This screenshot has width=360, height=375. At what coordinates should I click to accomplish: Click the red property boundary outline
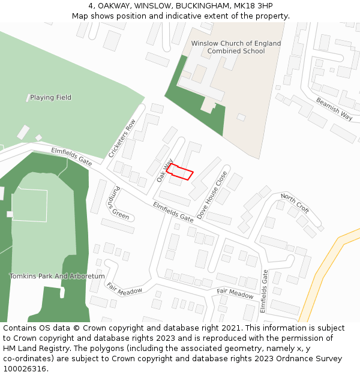(179, 172)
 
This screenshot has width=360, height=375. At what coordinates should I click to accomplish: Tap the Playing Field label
(50, 97)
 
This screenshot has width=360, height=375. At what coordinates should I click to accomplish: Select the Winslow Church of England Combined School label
(236, 47)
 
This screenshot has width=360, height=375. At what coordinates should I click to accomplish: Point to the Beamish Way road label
(334, 109)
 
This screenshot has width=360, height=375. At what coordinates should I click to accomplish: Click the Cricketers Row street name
(122, 138)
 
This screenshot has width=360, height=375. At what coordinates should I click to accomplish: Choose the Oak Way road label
(164, 170)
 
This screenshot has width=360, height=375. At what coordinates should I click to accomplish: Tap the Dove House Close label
(212, 195)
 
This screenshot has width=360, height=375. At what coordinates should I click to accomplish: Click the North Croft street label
(295, 204)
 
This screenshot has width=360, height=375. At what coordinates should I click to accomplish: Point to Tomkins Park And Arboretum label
(57, 277)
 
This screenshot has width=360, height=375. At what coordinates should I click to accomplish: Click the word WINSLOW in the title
(153, 6)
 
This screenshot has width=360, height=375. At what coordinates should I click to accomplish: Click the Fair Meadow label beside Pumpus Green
(125, 288)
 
